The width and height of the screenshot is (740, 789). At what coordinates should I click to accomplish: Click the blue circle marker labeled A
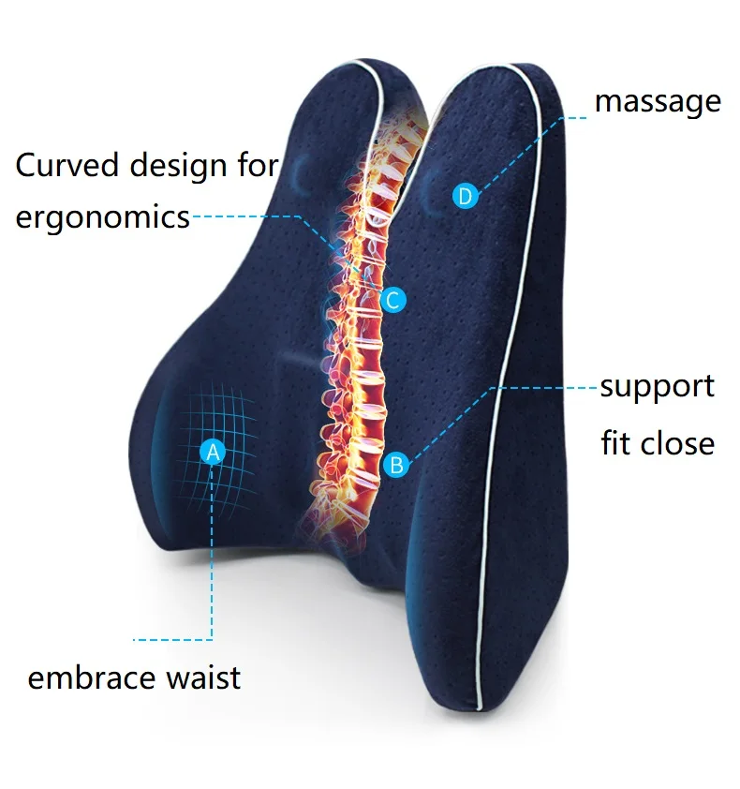pyautogui.click(x=213, y=453)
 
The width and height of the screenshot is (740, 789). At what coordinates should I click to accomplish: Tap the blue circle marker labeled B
pyautogui.click(x=396, y=465)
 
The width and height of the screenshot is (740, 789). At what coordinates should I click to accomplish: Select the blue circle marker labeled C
pyautogui.click(x=392, y=301)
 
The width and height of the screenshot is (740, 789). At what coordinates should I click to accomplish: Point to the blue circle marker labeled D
pyautogui.click(x=466, y=196)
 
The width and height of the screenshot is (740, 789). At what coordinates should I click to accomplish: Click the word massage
pyautogui.click(x=658, y=103)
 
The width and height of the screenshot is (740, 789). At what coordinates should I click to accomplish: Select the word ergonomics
pyautogui.click(x=103, y=218)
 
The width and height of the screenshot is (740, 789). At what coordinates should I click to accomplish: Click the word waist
pyautogui.click(x=203, y=677)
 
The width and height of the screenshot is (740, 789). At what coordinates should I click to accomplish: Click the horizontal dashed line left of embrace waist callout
pyautogui.click(x=172, y=640)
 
